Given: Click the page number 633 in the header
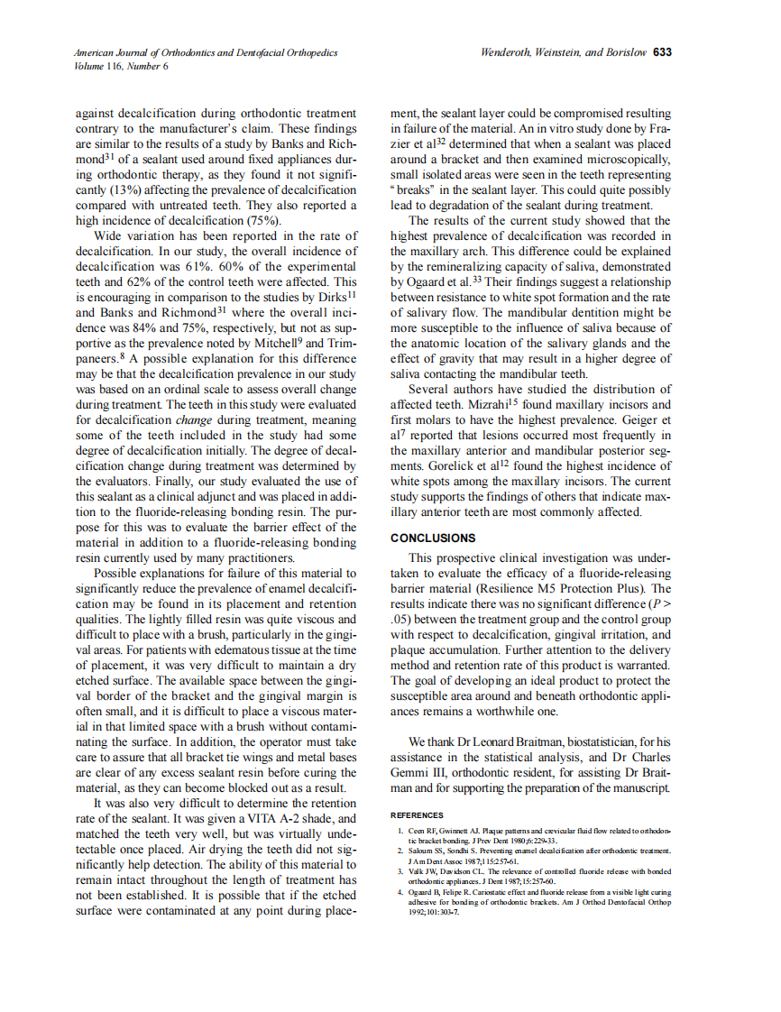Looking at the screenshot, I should tap(663, 52).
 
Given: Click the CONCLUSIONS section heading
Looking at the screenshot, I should tap(433, 538).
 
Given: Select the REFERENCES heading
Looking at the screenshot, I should tap(417, 814).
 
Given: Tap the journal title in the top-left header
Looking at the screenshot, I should tap(207, 53).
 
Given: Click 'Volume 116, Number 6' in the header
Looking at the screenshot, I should tap(122, 66).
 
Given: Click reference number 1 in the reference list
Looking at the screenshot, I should tap(400, 828).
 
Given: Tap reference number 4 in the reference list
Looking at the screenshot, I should tap(400, 891).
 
